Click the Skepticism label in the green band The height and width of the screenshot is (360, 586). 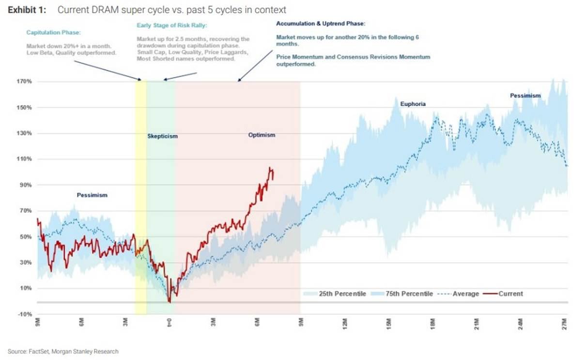tap(162, 136)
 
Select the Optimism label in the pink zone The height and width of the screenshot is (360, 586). tap(262, 135)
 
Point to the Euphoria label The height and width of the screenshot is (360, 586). tap(412, 104)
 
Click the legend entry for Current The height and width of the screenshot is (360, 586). tap(510, 294)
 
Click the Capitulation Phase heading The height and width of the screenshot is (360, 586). tap(53, 33)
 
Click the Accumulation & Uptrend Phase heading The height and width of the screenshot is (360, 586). tap(321, 23)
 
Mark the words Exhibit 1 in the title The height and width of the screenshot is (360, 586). tap(27, 10)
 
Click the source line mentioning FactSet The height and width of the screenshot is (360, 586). tap(63, 351)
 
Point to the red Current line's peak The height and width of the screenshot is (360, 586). tap(270, 168)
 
